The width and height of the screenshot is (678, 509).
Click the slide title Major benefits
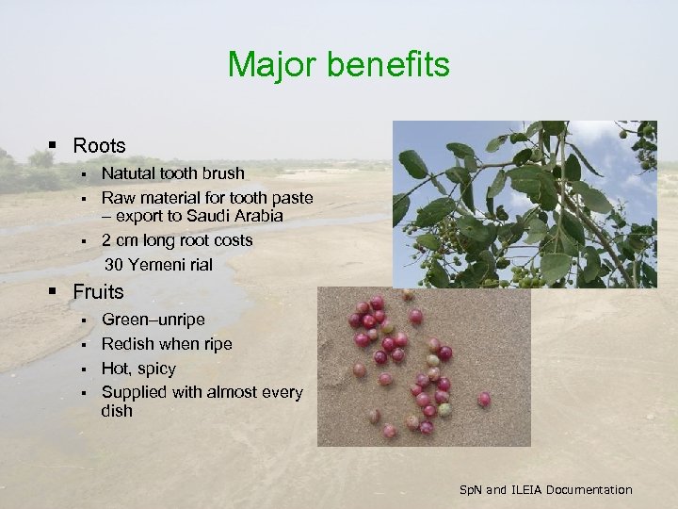(x=339, y=65)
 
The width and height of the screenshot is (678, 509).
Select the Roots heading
(x=99, y=146)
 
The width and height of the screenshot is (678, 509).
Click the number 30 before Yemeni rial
(x=114, y=264)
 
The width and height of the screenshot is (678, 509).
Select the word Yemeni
(x=154, y=264)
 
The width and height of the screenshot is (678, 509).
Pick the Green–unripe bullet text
(x=153, y=320)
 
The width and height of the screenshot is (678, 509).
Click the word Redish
(x=126, y=343)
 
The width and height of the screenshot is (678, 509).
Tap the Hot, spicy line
(x=138, y=368)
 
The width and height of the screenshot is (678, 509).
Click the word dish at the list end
(x=117, y=411)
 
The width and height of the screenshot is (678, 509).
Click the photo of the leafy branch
(x=525, y=204)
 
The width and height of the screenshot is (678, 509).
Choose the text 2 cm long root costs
(x=177, y=240)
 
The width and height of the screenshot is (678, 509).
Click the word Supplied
(x=134, y=391)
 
